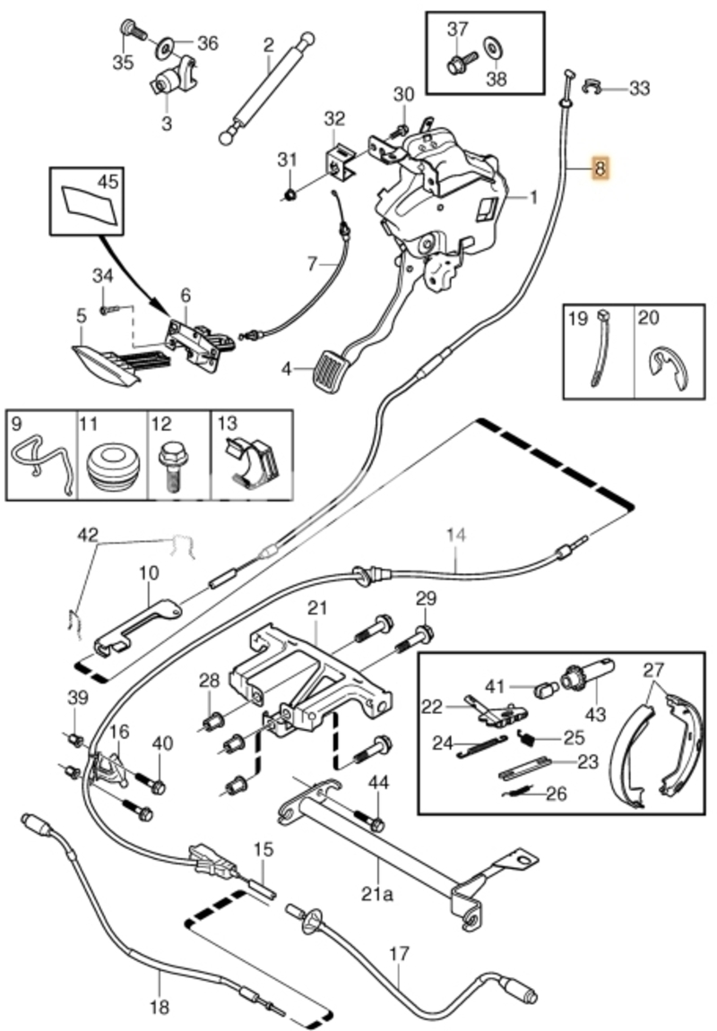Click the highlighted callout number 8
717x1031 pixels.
pos(600,168)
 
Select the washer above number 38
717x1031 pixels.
pos(491,48)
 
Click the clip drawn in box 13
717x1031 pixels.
pos(252,461)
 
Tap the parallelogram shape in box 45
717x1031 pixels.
pos(91,202)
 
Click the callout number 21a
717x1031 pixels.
pos(378,894)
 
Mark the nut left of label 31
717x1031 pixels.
pos(290,194)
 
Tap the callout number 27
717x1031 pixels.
pos(653,670)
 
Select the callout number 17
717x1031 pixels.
pos(399,953)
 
